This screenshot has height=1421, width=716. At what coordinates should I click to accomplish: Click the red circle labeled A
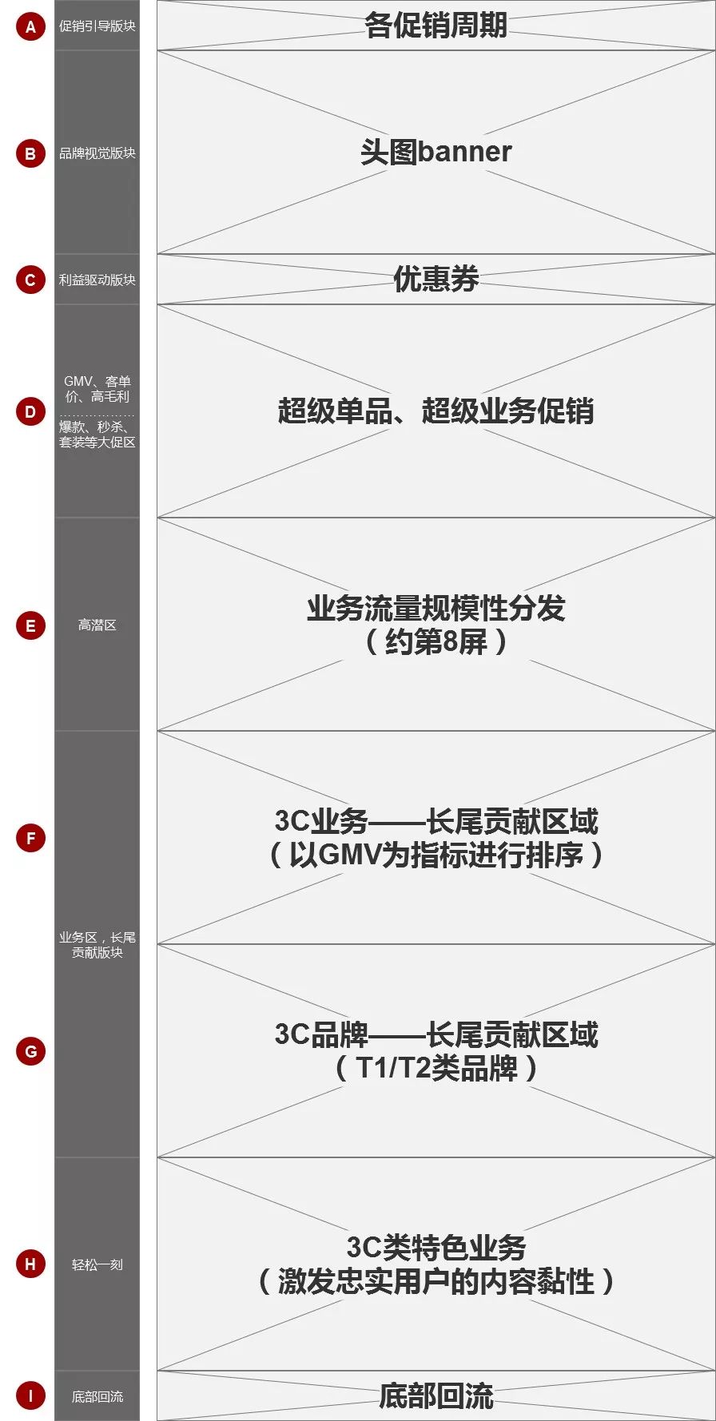[x=30, y=26]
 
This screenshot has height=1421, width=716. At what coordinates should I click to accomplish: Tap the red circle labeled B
[x=30, y=153]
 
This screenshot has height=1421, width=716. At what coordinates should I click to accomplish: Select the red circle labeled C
[x=30, y=280]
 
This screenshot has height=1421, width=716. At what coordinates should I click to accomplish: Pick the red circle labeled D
[x=30, y=412]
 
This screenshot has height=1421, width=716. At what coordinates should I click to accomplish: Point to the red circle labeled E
[x=30, y=625]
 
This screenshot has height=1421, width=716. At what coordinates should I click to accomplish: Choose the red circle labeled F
[x=30, y=838]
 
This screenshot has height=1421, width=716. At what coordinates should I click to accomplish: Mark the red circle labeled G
[x=30, y=1051]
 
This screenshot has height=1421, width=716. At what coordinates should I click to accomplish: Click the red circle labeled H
[x=30, y=1264]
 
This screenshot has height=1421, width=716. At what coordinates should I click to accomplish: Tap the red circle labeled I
[x=30, y=1395]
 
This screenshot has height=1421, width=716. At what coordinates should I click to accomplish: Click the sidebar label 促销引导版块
[x=97, y=26]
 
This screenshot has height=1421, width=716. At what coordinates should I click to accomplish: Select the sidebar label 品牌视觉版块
[x=97, y=153]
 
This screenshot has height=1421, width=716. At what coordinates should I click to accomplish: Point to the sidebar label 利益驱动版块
[x=97, y=280]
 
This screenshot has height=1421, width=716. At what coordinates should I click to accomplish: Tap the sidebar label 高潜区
[x=97, y=625]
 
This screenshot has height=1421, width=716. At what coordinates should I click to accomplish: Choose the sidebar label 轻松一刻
[x=97, y=1264]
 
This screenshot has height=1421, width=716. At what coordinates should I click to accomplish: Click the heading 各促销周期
[x=436, y=26]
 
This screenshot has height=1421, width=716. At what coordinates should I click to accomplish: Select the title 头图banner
[x=436, y=152]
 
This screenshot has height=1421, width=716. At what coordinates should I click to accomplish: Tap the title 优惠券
[x=436, y=279]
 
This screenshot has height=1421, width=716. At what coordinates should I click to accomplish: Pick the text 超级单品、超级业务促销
[x=436, y=411]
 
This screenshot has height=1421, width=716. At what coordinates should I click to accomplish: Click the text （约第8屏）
[x=436, y=641]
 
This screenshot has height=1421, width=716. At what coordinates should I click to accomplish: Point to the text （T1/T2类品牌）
[x=436, y=1068]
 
